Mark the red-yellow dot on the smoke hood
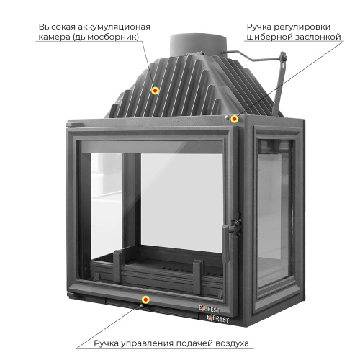[155, 91]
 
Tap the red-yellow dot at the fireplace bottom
[145, 299]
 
